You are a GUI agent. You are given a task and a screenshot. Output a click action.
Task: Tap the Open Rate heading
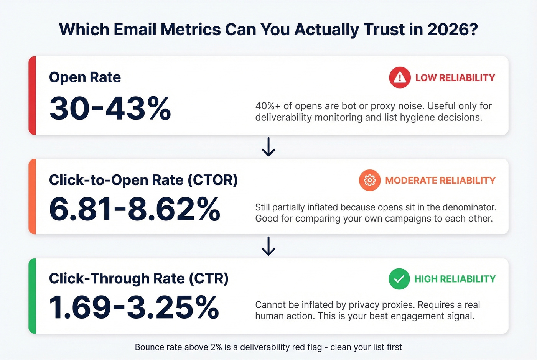point(85,77)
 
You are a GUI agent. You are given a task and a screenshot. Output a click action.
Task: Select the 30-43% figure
point(110,108)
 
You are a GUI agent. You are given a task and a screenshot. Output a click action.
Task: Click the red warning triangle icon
point(400,77)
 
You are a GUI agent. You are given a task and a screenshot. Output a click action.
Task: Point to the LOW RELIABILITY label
point(455,77)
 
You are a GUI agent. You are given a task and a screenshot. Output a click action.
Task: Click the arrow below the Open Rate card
point(268,146)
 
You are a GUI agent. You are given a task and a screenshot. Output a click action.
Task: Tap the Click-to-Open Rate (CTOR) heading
point(143,180)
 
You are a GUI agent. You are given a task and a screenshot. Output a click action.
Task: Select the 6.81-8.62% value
point(134,209)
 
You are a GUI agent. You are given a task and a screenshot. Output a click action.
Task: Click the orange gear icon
point(370,180)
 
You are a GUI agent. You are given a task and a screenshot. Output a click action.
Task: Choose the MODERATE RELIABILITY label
point(440,180)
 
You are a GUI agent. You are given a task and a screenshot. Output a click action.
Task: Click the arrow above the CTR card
point(268,246)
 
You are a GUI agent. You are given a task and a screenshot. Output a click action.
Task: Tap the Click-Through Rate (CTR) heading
point(138,278)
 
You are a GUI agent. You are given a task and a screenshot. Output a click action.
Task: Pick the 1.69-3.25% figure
point(134,307)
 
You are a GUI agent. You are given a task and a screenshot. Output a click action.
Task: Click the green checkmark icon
point(399,279)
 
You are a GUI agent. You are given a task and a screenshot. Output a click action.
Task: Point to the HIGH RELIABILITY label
point(455,279)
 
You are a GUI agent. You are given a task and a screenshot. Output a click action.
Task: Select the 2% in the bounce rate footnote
point(215,347)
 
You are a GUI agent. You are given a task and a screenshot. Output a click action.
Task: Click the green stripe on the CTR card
point(32,296)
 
